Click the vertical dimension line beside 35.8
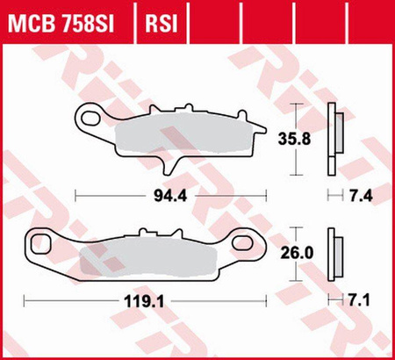300,138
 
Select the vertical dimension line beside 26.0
300,252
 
